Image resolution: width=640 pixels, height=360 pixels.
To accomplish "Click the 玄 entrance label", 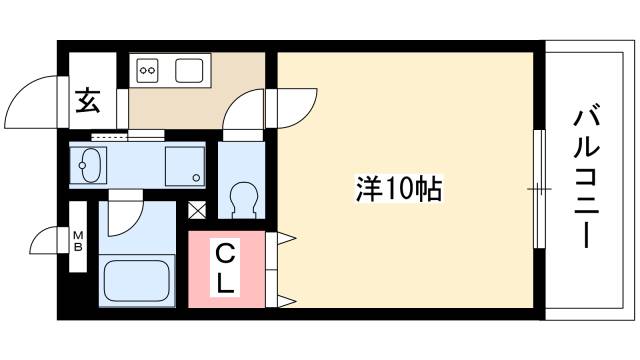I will [x=87, y=101].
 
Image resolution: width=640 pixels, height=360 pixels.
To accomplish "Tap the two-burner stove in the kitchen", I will [x=148, y=70].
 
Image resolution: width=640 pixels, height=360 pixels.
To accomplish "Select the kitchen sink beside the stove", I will [x=190, y=70].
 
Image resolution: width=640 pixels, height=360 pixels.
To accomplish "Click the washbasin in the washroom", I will [x=90, y=164].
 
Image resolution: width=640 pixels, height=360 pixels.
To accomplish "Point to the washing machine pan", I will [x=184, y=164].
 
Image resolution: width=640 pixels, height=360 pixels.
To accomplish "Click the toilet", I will [x=241, y=196].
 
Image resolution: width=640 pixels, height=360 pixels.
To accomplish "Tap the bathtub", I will [x=138, y=278].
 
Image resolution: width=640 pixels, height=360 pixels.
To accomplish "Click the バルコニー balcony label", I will [x=587, y=180].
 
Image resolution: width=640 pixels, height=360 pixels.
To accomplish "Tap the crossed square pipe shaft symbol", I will [x=197, y=211].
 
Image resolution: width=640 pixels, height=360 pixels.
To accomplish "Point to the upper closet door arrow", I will [x=285, y=238].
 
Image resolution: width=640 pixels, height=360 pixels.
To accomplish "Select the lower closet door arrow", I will [x=285, y=298].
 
